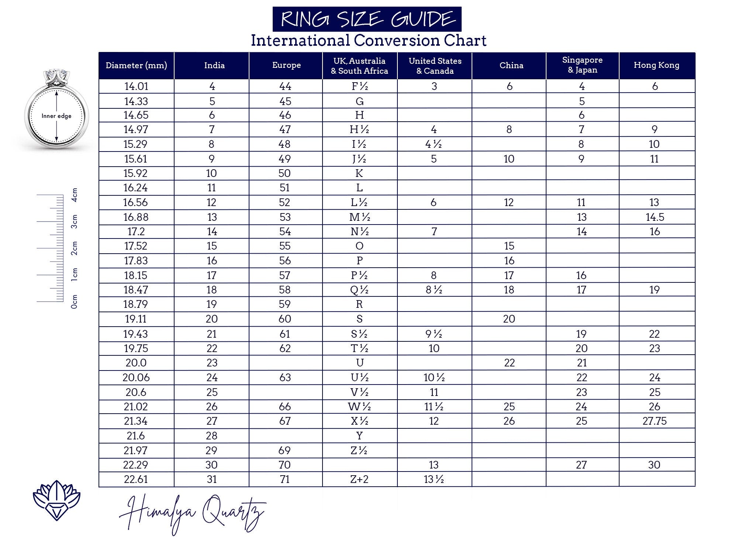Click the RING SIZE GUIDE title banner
click(367, 19)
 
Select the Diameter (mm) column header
click(136, 66)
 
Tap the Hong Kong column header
click(656, 65)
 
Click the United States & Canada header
click(435, 66)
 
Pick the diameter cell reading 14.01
click(136, 86)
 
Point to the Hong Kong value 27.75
click(654, 421)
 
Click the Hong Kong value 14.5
click(655, 217)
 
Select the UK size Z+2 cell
click(359, 479)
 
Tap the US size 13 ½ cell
click(434, 479)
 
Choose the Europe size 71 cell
click(285, 479)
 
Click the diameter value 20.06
click(136, 378)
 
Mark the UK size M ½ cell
click(359, 217)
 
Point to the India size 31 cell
click(211, 479)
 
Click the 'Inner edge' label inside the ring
click(56, 116)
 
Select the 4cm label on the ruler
click(75, 195)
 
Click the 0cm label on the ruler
click(75, 301)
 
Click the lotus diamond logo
click(56, 500)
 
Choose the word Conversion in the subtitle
click(397, 40)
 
